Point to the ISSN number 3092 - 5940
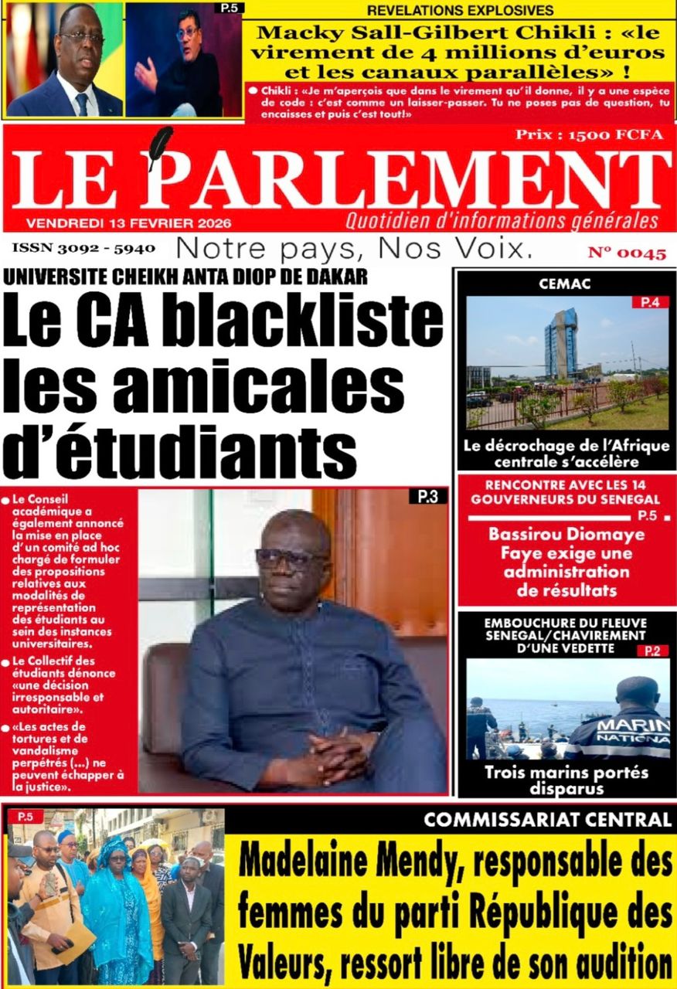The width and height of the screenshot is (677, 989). tap(83, 249)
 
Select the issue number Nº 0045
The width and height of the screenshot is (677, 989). tap(627, 253)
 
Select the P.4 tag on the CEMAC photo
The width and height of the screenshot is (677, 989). tap(650, 302)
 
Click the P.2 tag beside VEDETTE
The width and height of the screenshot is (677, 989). tap(651, 651)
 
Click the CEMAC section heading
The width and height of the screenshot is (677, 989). tap(565, 284)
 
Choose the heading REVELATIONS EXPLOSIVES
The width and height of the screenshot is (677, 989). tap(460, 10)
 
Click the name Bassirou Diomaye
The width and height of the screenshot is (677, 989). tap(566, 535)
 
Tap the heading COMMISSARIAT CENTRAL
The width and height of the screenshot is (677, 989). tap(547, 820)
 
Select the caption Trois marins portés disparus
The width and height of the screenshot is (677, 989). tap(566, 780)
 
